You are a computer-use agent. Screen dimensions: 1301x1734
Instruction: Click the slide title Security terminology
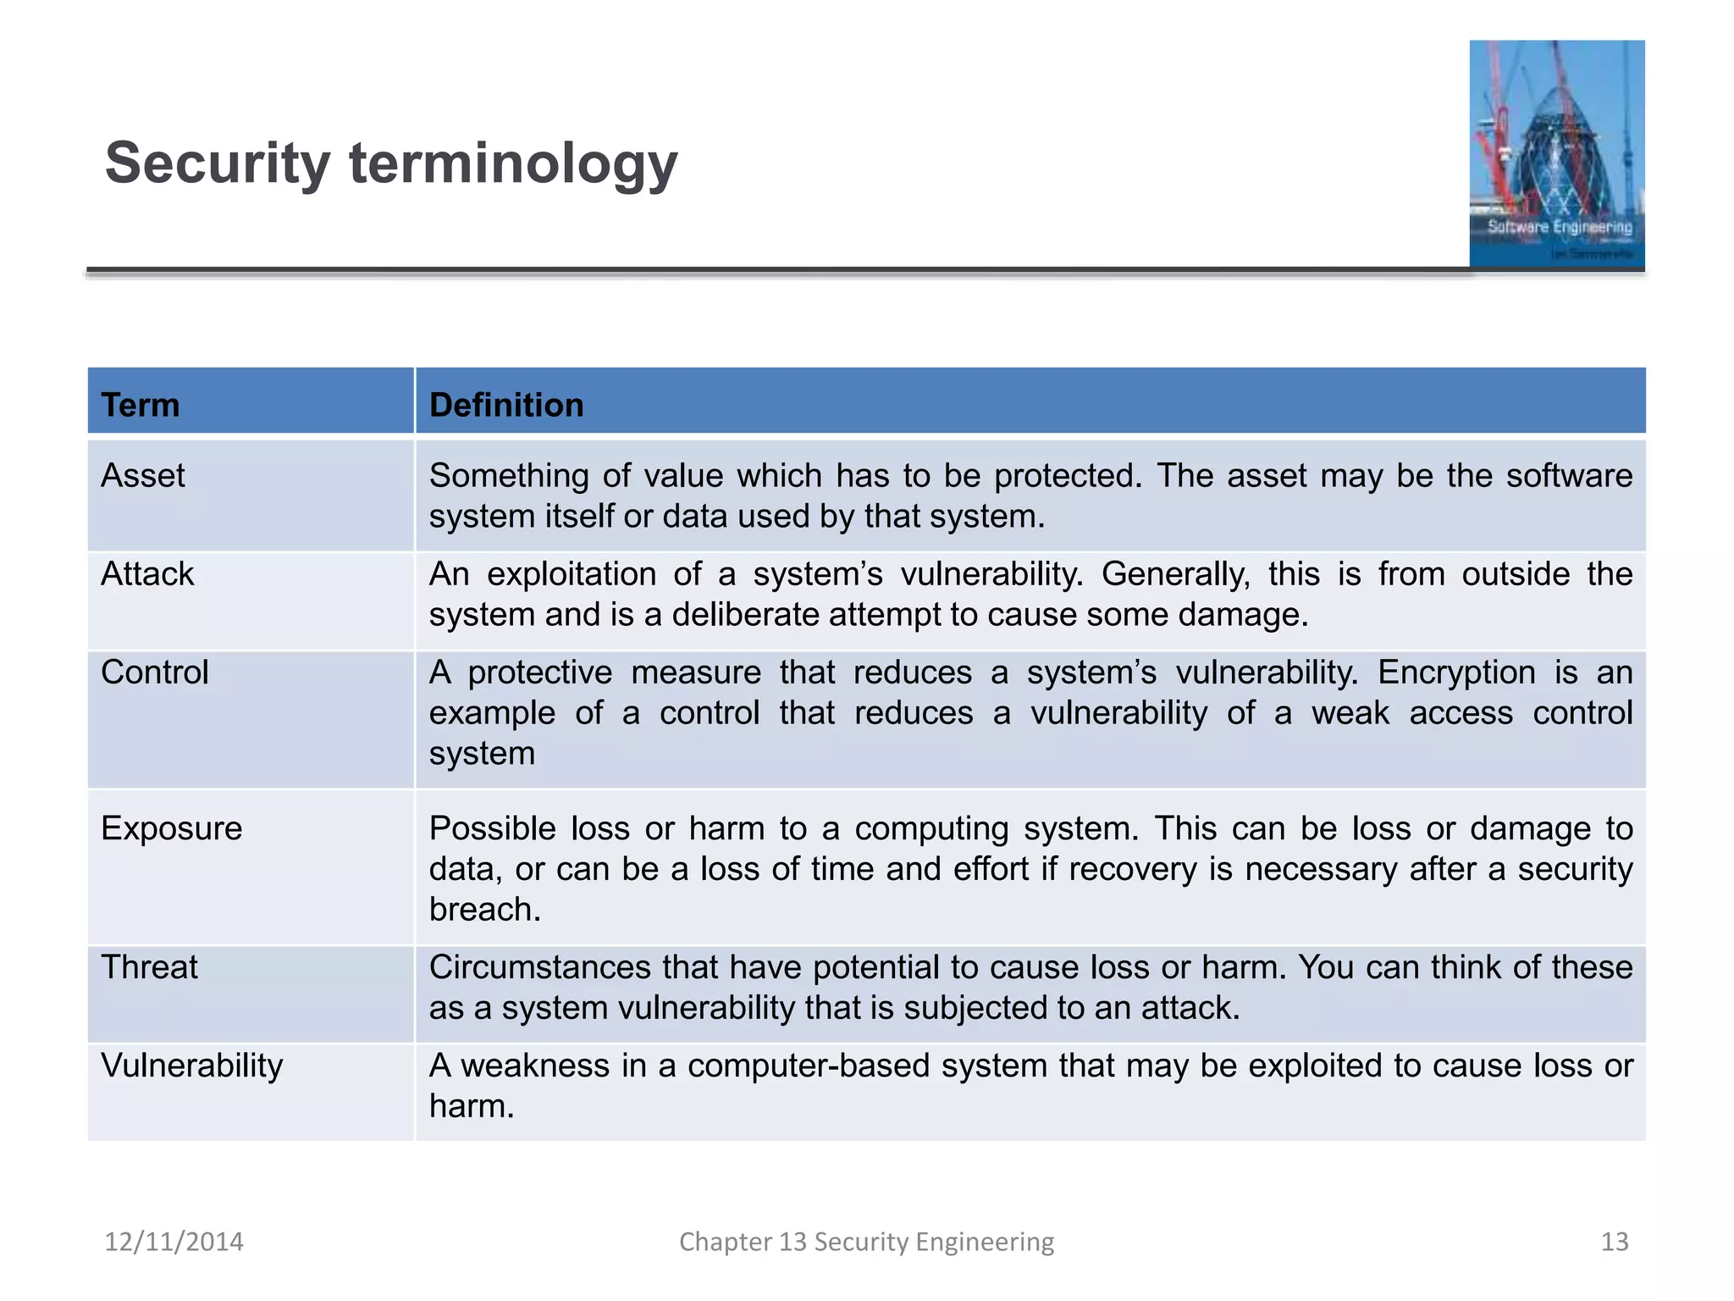pyautogui.click(x=390, y=163)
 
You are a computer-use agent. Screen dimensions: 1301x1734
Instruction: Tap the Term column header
pyautogui.click(x=140, y=405)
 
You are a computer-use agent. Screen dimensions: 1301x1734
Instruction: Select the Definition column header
pyautogui.click(x=506, y=405)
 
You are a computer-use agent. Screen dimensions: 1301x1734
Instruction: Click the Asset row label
pyautogui.click(x=142, y=475)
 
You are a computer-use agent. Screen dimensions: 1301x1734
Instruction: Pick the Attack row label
pyautogui.click(x=147, y=574)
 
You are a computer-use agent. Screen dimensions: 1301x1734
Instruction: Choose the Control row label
pyautogui.click(x=154, y=673)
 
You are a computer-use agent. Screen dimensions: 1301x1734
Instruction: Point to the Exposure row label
pyautogui.click(x=171, y=828)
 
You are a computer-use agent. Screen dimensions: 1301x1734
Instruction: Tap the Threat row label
pyautogui.click(x=149, y=967)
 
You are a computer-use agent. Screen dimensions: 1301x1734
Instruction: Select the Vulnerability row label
pyautogui.click(x=191, y=1066)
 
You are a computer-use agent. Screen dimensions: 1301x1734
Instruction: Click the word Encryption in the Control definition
pyautogui.click(x=1456, y=673)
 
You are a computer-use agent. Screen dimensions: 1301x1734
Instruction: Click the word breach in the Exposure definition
pyautogui.click(x=484, y=910)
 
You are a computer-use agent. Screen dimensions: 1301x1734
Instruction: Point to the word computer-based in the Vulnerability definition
pyautogui.click(x=808, y=1066)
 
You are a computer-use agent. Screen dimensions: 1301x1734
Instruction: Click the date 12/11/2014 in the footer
pyautogui.click(x=174, y=1242)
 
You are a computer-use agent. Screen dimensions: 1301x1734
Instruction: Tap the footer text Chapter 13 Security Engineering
pyautogui.click(x=866, y=1242)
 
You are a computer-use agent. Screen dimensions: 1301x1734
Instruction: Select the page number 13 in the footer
pyautogui.click(x=1614, y=1242)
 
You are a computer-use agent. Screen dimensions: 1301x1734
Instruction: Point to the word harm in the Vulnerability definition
pyautogui.click(x=471, y=1106)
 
